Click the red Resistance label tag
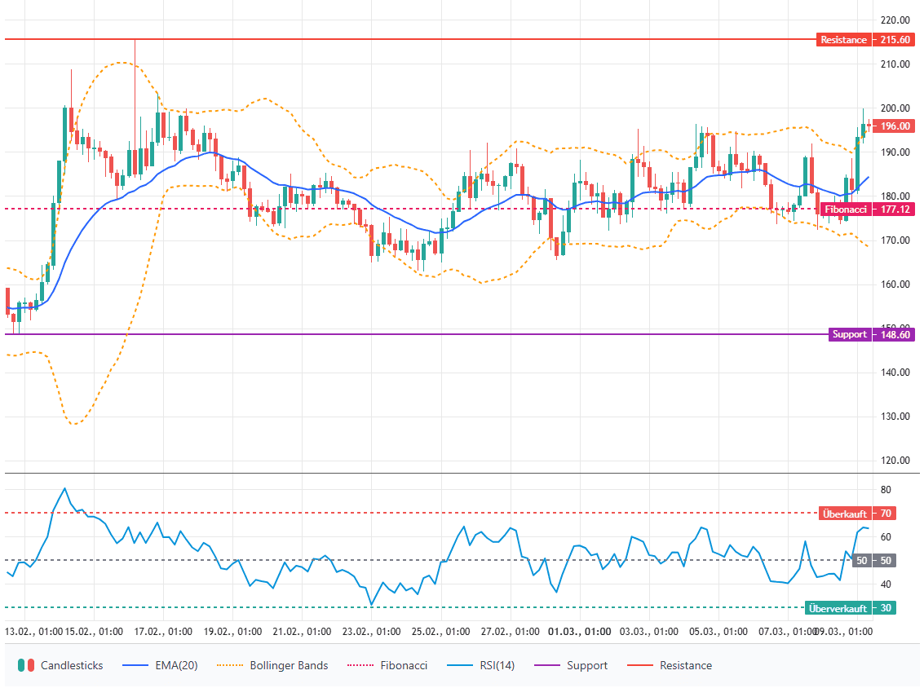pyautogui.click(x=843, y=40)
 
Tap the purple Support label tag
pyautogui.click(x=849, y=334)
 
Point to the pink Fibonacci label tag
pyautogui.click(x=845, y=209)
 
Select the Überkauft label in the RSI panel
pyautogui.click(x=845, y=514)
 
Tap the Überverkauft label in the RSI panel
pyautogui.click(x=838, y=608)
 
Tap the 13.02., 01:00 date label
pyautogui.click(x=34, y=632)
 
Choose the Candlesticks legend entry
pyautogui.click(x=60, y=665)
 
